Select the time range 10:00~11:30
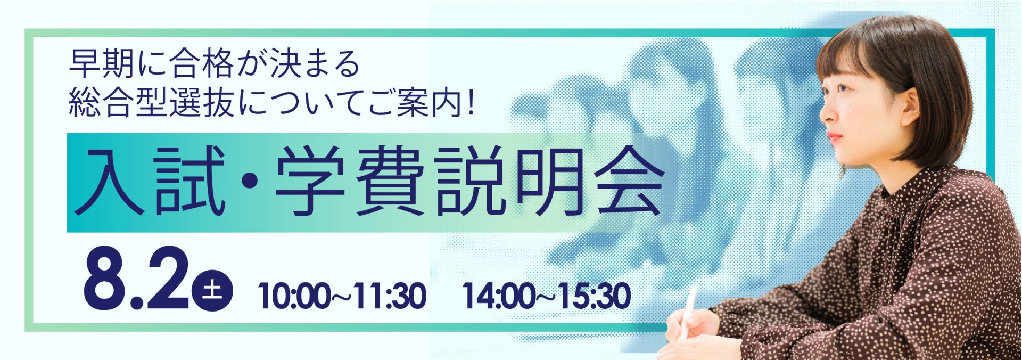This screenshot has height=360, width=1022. [342, 297]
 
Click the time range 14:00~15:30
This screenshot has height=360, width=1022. [547, 297]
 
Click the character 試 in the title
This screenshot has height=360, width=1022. [189, 181]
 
